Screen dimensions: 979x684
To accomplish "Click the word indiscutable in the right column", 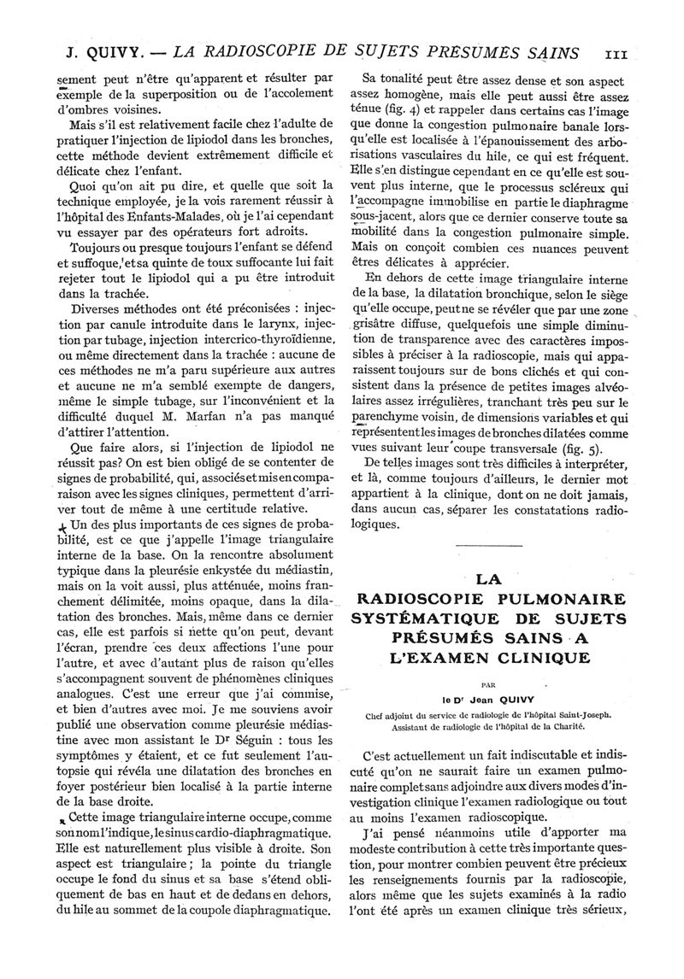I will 540,756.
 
